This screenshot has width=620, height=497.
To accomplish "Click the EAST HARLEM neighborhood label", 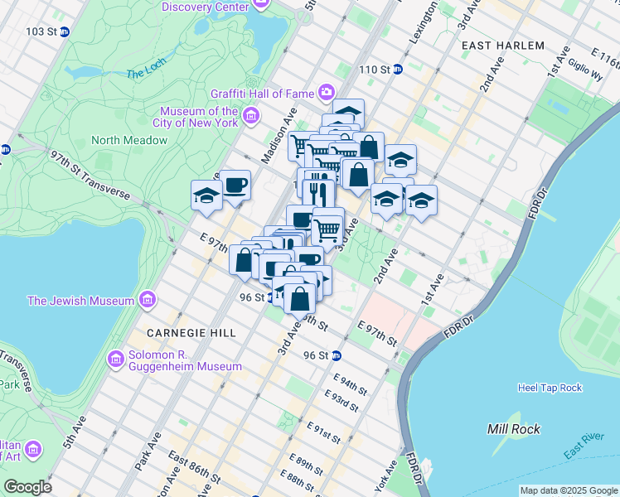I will coord(503,46).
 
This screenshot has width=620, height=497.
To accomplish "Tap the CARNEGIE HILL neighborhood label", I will coord(180,332).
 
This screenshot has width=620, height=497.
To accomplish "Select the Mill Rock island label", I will coord(514,429).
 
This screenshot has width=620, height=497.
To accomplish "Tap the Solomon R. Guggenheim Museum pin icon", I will coord(116,359).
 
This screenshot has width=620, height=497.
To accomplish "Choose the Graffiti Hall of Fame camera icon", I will coord(327,91).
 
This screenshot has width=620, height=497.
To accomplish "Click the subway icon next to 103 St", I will coord(64,31).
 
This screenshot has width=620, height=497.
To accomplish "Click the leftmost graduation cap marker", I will coord(206,196).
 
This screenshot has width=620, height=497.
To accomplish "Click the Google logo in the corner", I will coord(27,486).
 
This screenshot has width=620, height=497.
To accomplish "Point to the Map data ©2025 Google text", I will coord(568,490).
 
